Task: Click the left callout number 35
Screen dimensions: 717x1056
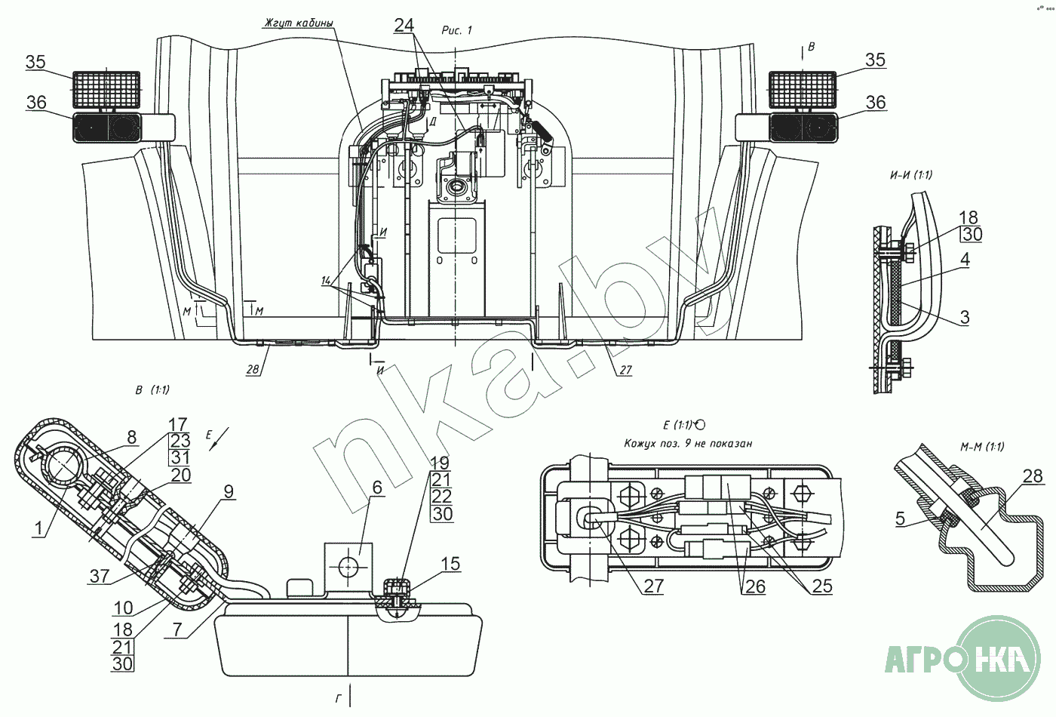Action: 35,62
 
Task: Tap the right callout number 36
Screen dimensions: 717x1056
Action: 875,102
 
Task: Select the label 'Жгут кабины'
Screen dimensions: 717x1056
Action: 298,23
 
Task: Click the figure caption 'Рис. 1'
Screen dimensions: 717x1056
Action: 456,30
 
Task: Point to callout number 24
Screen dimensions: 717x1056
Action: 404,26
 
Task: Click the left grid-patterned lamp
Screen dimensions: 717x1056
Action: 106,88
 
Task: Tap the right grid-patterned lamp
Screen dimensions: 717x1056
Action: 802,88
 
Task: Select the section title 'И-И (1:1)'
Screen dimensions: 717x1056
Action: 910,175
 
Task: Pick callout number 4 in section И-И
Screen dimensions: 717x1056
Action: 965,260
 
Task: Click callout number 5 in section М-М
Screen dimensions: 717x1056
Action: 900,519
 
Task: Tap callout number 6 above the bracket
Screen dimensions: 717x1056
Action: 377,488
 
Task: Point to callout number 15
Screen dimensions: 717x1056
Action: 450,564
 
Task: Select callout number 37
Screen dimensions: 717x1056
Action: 100,576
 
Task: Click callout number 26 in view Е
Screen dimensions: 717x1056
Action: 754,586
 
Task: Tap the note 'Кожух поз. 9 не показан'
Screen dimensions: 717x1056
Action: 688,444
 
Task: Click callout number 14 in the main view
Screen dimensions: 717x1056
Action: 326,281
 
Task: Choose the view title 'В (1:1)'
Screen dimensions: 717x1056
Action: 152,390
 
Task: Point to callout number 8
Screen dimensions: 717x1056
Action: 132,437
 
